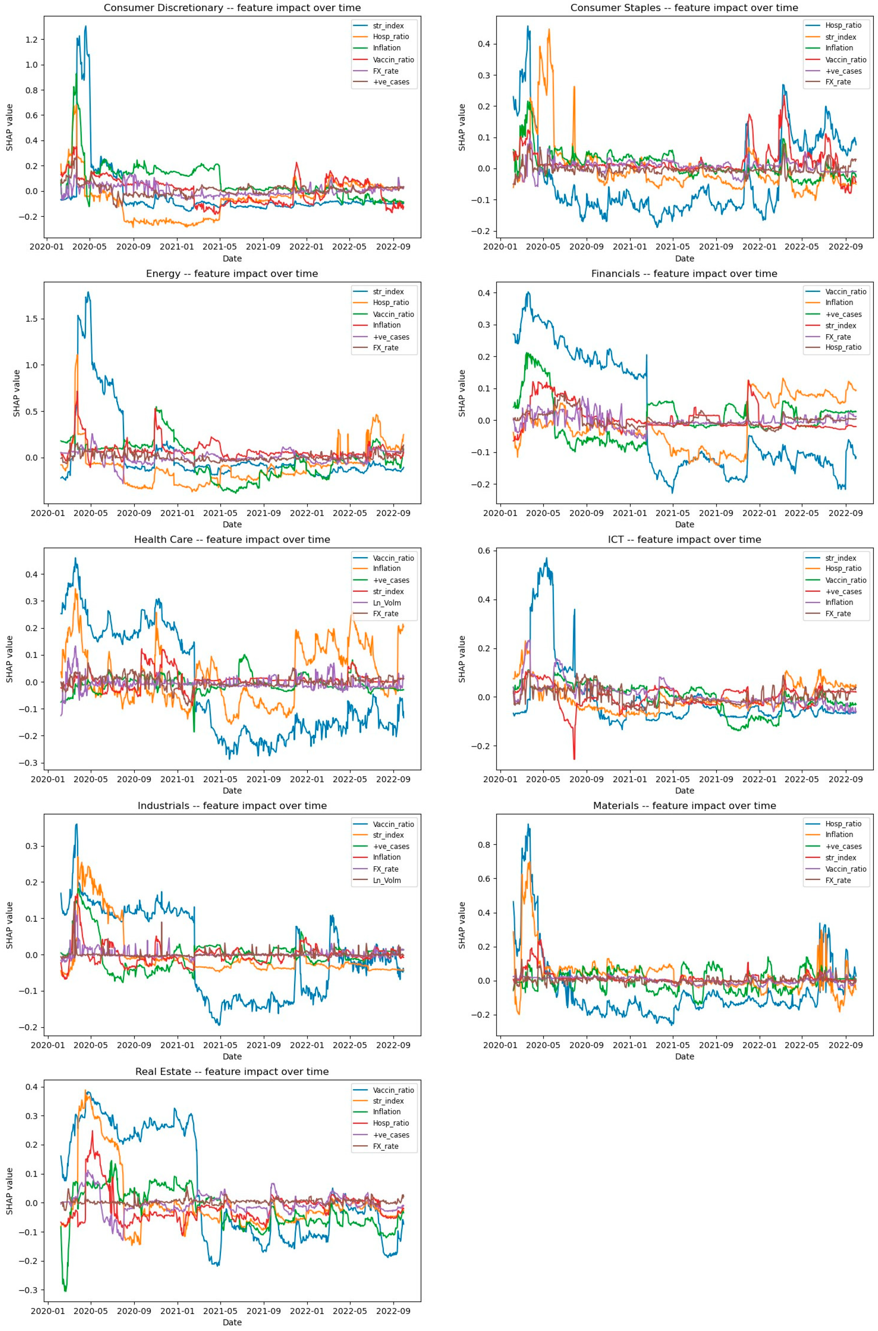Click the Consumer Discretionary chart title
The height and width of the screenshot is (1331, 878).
(x=232, y=8)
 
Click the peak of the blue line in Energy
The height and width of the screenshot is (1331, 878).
(x=88, y=292)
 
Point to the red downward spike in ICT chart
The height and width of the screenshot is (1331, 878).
(x=574, y=758)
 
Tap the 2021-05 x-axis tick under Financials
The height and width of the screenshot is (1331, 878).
(x=673, y=512)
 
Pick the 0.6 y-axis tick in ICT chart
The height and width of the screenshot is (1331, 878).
(x=483, y=551)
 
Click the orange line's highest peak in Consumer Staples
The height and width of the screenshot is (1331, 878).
(x=549, y=29)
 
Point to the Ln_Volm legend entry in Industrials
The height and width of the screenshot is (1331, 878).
(x=386, y=880)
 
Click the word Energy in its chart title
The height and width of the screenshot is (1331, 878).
(x=163, y=274)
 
